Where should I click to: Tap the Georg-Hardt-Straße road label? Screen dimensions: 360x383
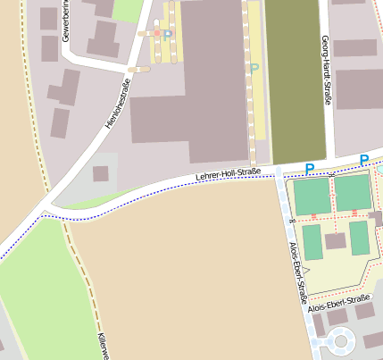pos(326,71)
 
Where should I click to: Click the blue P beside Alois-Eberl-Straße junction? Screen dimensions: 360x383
pos(310,168)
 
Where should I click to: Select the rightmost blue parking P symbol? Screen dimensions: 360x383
pos(364,160)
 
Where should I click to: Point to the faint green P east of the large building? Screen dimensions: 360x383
pos(254,68)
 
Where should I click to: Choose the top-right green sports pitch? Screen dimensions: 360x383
pos(353,192)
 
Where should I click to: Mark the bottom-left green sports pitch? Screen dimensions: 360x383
pos(312,241)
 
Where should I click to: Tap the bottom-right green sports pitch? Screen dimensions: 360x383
pos(359,238)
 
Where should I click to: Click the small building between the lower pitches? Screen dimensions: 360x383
pos(336,240)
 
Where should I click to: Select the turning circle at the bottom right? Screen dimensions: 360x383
pos(340,340)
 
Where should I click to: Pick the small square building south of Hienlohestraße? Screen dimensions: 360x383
pos(101,173)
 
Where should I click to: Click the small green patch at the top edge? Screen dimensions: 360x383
pos(128,10)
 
